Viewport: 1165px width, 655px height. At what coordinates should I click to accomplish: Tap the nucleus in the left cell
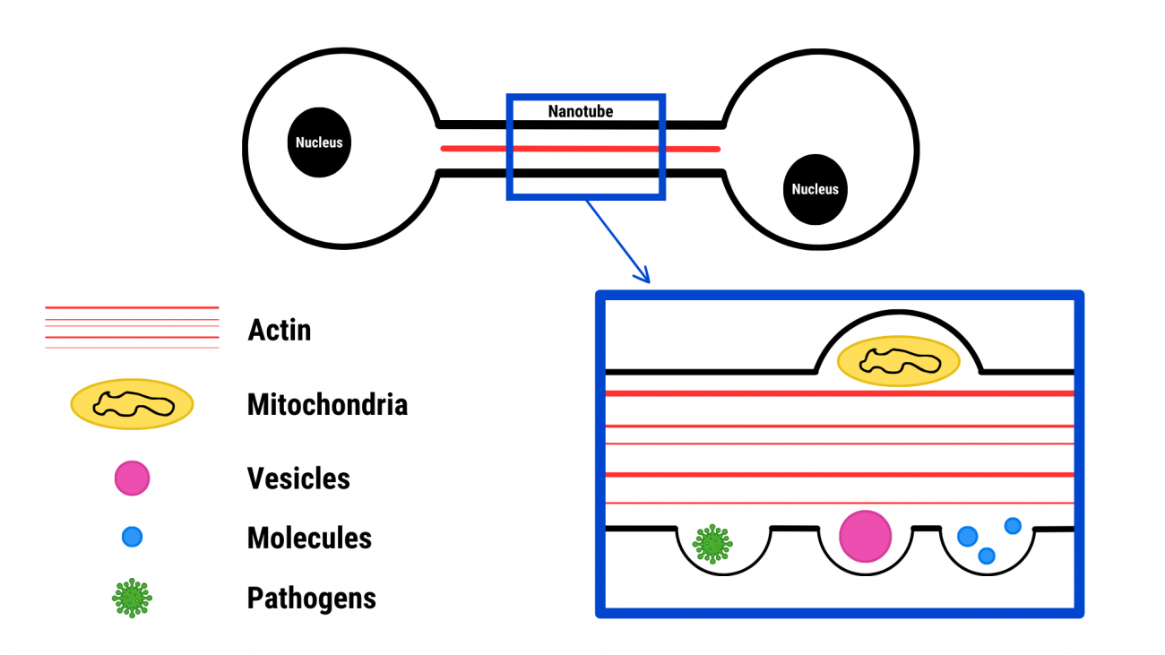319,142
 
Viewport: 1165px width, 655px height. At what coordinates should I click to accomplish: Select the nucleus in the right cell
815,189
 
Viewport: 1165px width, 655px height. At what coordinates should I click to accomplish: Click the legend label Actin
280,330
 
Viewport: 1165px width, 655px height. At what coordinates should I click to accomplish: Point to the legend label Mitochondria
327,405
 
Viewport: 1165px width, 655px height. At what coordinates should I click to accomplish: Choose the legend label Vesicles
298,478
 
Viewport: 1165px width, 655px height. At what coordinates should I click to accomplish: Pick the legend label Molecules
309,539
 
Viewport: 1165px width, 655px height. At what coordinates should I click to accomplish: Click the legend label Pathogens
311,599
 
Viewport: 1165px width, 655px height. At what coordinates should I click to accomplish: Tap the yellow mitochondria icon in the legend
133,404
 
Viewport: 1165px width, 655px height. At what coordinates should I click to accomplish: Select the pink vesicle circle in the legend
132,478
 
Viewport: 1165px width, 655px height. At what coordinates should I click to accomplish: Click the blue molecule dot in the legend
132,538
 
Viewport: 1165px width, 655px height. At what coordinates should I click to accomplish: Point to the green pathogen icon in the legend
133,598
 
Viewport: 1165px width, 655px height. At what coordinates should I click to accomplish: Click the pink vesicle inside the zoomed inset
865,536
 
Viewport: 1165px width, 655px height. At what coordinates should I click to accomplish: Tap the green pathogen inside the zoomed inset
712,543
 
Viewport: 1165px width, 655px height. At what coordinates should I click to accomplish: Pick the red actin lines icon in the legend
132,327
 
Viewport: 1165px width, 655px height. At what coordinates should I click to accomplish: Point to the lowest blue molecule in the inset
987,556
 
